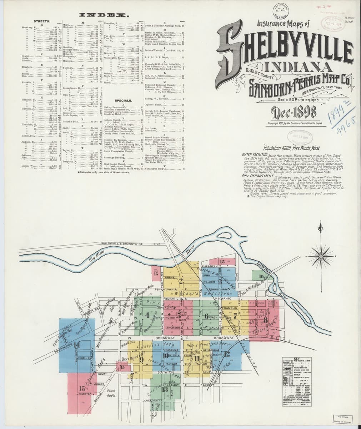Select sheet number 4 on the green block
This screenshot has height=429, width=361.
(147, 315)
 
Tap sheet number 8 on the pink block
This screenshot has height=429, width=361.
(265, 320)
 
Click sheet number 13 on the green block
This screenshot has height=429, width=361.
(165, 389)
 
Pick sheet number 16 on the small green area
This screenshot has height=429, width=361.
(261, 276)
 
